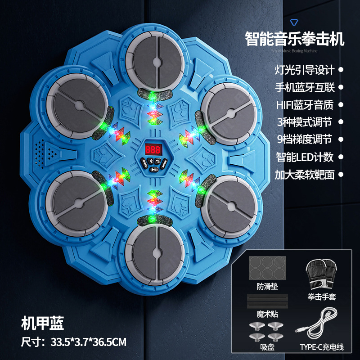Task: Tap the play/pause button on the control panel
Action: coord(154,170)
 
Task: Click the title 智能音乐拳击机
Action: coord(294,39)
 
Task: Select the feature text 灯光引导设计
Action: coord(304,70)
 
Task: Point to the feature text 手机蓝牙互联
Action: coord(304,87)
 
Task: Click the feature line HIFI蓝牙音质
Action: coord(304,105)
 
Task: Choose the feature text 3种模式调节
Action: coord(304,122)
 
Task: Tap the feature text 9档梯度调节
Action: coord(304,139)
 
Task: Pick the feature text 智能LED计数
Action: coord(304,157)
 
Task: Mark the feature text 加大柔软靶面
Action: coord(304,175)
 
